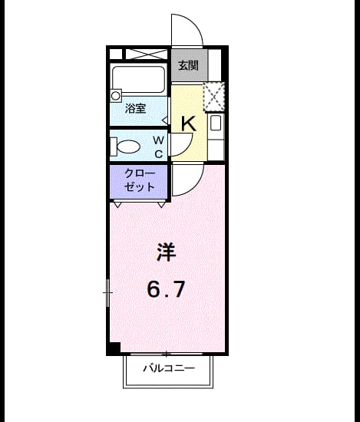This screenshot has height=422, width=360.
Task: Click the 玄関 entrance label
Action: pyautogui.click(x=189, y=65)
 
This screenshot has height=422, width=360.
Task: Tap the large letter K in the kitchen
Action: pyautogui.click(x=189, y=124)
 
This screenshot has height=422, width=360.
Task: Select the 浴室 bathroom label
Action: pyautogui.click(x=135, y=108)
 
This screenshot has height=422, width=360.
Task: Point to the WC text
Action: pyautogui.click(x=159, y=147)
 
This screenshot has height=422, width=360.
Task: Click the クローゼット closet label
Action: pyautogui.click(x=140, y=180)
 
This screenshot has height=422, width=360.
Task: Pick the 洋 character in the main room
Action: pyautogui.click(x=166, y=252)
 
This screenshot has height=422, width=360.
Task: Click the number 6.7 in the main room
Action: pyautogui.click(x=166, y=289)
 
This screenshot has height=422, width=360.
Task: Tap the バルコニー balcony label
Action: pyautogui.click(x=169, y=368)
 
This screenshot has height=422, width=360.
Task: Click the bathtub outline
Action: pyautogui.click(x=139, y=78)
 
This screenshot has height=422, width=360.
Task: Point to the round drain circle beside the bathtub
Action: pyautogui.click(x=115, y=96)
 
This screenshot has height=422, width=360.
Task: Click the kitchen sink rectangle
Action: pyautogui.click(x=216, y=123)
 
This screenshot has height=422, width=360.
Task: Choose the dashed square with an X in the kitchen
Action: pyautogui.click(x=214, y=97)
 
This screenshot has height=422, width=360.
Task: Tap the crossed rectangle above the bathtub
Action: pyautogui.click(x=147, y=54)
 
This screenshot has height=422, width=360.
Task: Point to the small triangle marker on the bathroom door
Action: pyautogui.click(x=165, y=120)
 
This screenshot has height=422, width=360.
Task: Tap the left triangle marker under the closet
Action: pyautogui.click(x=117, y=205)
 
